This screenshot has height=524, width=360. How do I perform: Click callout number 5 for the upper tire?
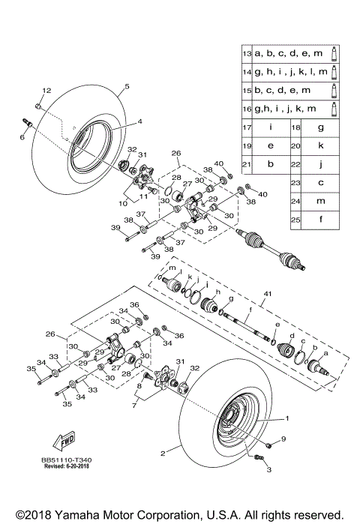[127, 87]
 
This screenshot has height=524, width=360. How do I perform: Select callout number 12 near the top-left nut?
[46, 91]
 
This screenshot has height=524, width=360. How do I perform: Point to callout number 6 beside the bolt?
[22, 137]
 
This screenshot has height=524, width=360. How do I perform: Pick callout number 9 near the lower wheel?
[283, 439]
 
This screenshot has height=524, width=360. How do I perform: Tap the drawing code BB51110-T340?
[63, 466]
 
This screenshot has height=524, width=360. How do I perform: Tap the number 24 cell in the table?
[296, 202]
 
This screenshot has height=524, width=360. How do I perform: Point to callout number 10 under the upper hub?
[121, 203]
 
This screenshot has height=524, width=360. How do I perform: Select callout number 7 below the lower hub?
[134, 406]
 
